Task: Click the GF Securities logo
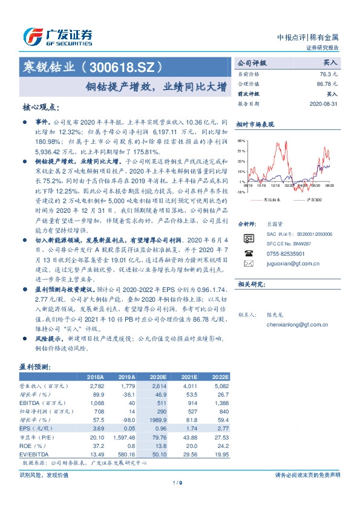[57, 36]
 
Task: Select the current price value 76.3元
[329, 73]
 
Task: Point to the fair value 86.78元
[327, 83]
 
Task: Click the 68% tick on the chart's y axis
[241, 140]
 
